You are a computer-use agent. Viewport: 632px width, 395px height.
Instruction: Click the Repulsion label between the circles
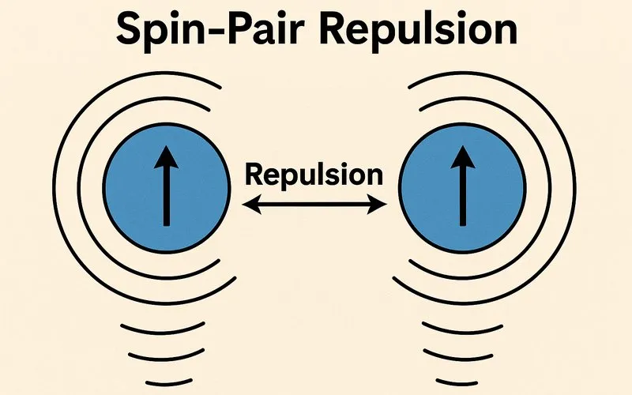pos(314,174)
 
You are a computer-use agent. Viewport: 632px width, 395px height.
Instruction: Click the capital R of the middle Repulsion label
pos(254,174)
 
